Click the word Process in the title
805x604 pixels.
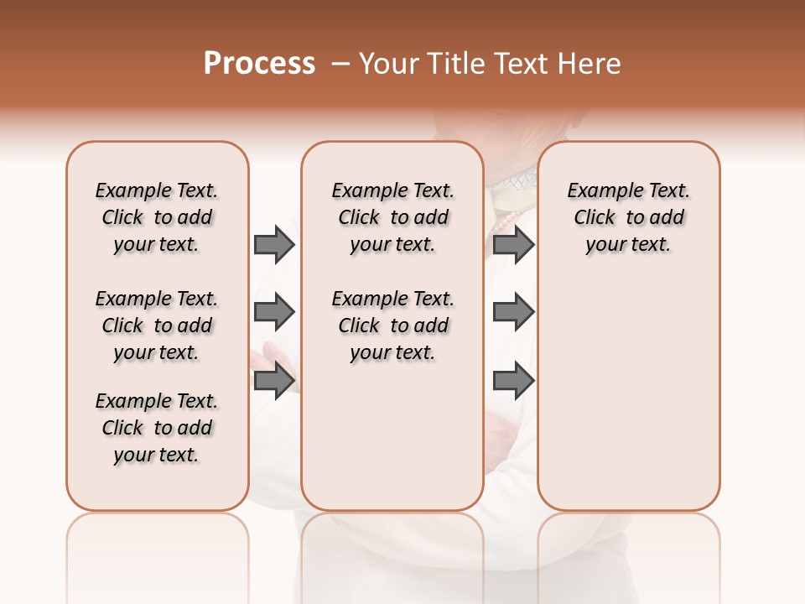coord(259,64)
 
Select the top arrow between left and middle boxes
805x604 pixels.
coord(274,244)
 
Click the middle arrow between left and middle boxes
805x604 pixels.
coord(274,312)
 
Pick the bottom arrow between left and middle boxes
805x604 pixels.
coord(274,380)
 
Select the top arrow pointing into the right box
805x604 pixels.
coord(513,244)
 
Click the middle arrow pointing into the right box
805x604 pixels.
coord(513,312)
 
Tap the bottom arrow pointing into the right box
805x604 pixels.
coord(513,380)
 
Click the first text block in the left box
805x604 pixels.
coord(157,217)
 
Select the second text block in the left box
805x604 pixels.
coord(157,325)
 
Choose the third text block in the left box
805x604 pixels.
coord(157,428)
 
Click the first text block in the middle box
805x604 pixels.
coord(393,217)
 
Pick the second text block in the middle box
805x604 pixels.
coord(393,325)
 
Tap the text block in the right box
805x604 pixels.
coord(629,217)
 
